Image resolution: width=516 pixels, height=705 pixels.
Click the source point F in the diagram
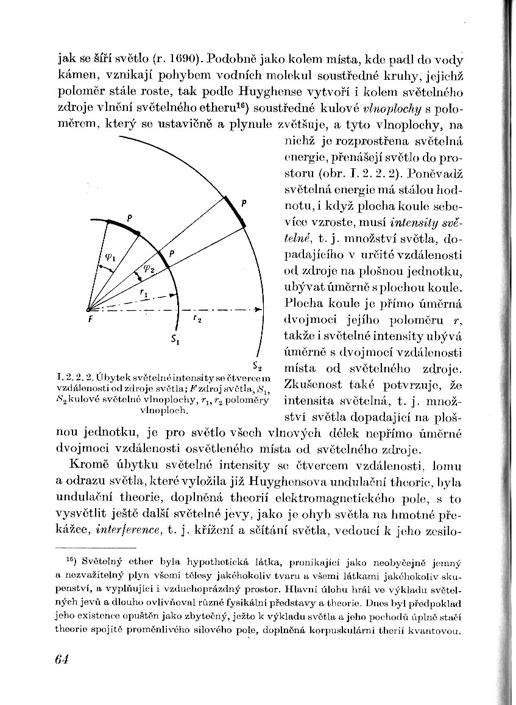tap(91, 310)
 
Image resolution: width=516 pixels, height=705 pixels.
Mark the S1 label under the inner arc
tap(174, 339)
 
